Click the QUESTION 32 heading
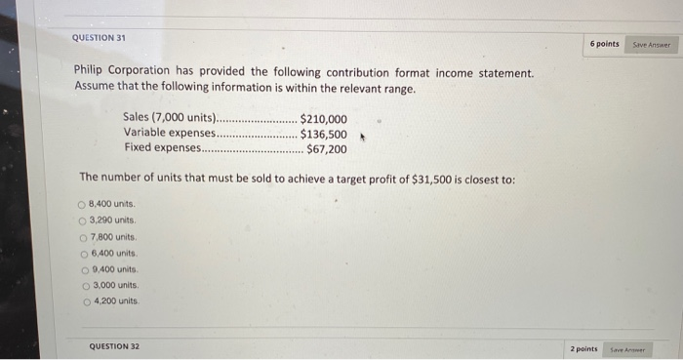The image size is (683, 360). [x=114, y=345]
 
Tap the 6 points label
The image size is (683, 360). [x=604, y=44]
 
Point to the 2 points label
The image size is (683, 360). [x=583, y=348]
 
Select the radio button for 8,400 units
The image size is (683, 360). [x=82, y=204]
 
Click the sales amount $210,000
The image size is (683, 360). [x=323, y=120]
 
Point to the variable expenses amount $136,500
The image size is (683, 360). [x=323, y=135]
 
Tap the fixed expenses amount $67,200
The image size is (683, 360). [x=326, y=149]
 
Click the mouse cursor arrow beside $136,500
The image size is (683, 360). [x=362, y=138]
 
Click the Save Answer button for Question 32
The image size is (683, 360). [x=627, y=348]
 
